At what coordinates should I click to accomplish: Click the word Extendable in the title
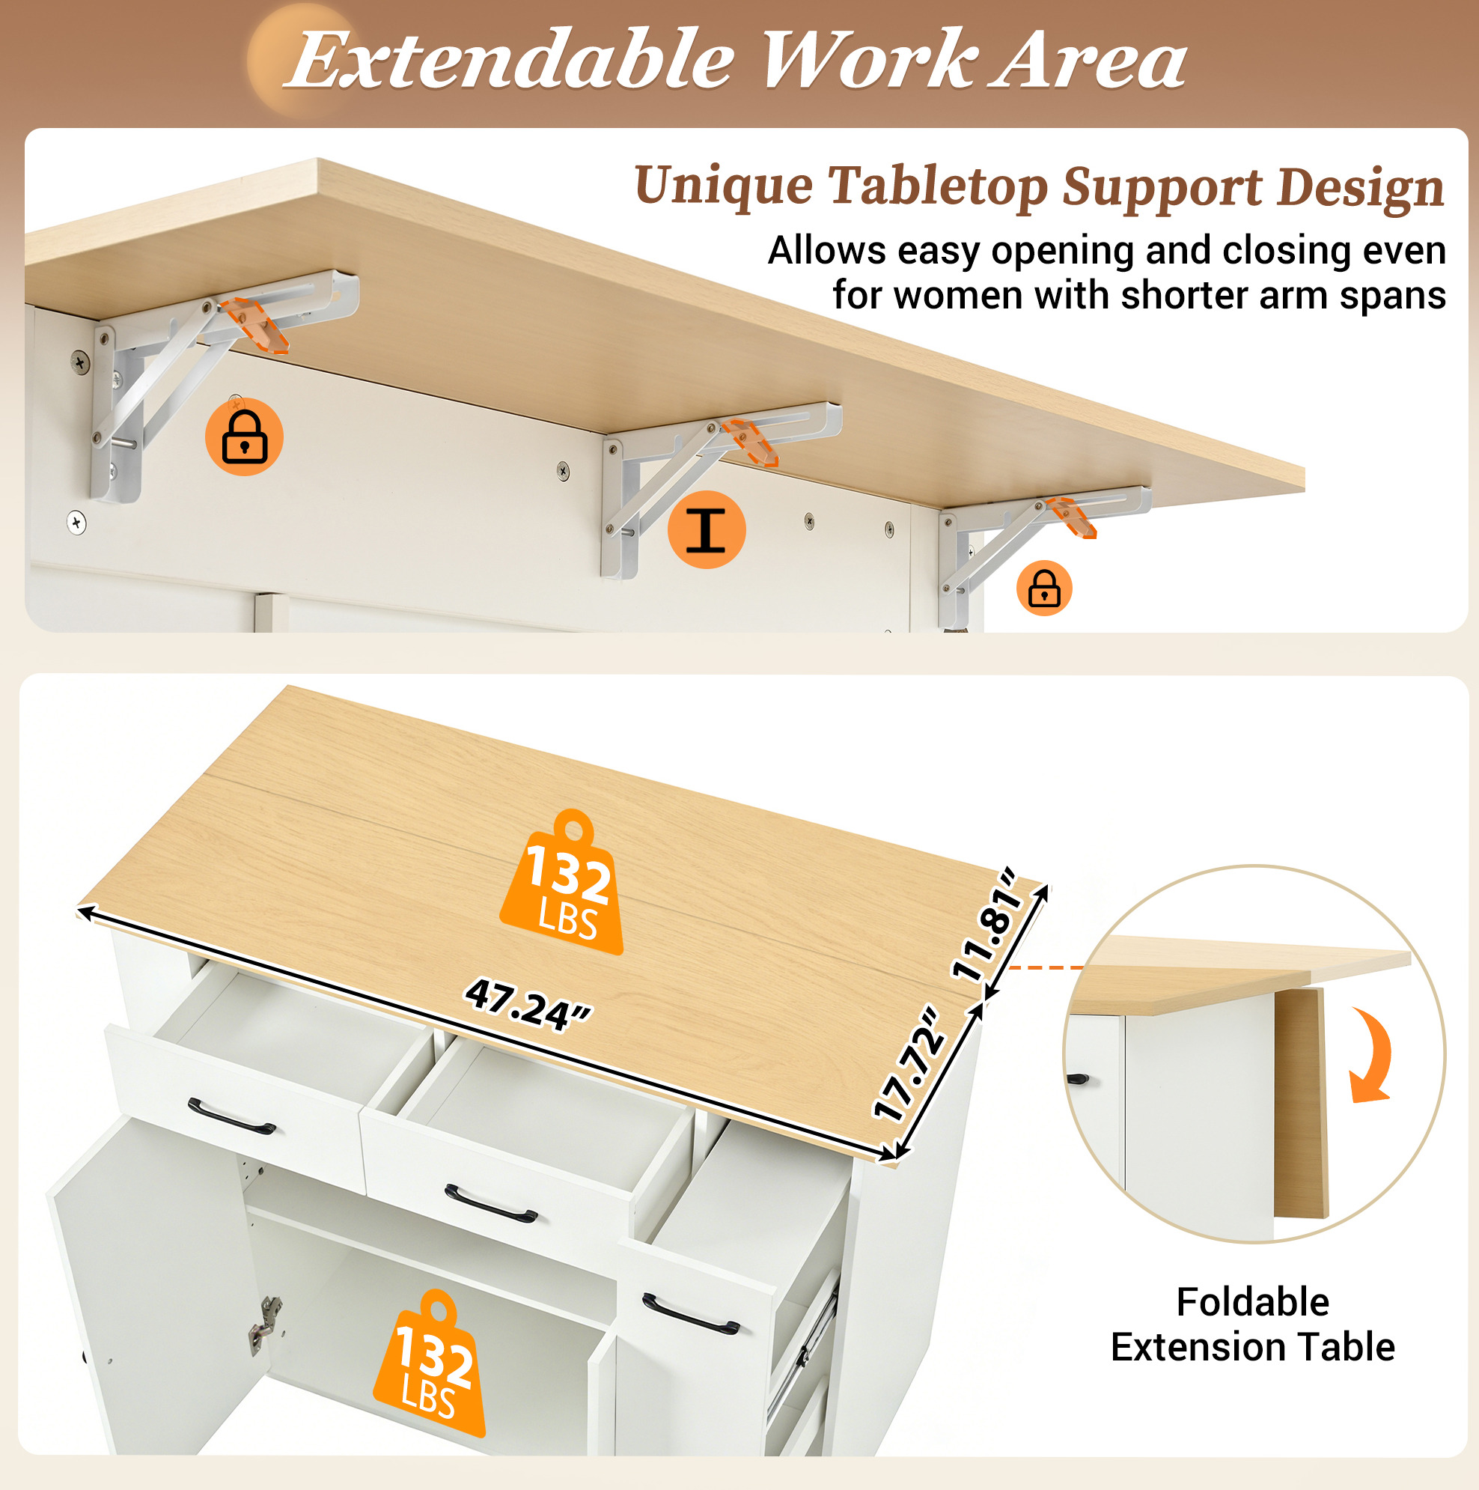point(509,60)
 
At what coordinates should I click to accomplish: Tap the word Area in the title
point(1088,60)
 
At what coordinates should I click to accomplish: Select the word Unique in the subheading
point(723,187)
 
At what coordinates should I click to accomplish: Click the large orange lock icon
point(245,437)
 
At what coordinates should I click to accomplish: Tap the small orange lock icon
point(1044,588)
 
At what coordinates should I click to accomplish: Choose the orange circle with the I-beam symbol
point(707,530)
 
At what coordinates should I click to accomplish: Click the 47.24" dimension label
point(528,1005)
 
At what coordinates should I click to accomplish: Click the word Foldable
point(1252,1303)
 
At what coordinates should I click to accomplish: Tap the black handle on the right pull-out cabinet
point(690,1313)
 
